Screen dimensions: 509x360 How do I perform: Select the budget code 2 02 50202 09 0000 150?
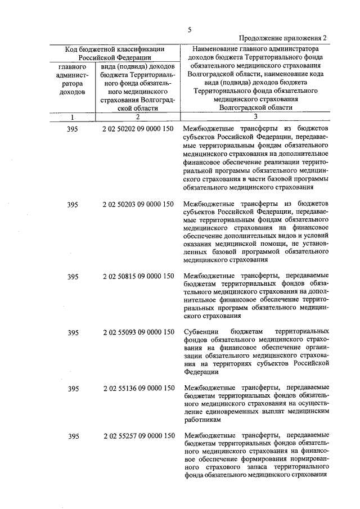(138, 129)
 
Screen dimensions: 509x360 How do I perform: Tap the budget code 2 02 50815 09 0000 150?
(138, 276)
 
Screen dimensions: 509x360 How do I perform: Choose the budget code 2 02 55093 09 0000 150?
(138, 332)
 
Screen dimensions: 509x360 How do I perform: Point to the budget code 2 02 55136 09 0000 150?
(138, 389)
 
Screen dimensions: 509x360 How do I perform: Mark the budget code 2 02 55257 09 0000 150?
(138, 436)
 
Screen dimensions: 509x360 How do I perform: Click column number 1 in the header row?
(73, 116)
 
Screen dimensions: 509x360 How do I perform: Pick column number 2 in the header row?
(137, 116)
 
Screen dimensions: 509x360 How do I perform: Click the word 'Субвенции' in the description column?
(200, 332)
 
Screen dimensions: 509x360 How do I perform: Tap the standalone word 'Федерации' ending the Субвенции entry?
(200, 372)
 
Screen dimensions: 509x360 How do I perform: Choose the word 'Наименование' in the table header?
(216, 49)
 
